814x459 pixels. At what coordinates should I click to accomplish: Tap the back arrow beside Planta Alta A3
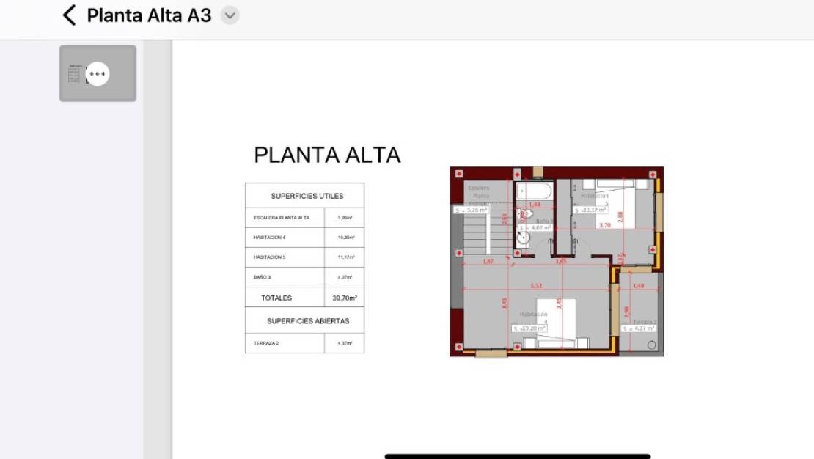click(70, 15)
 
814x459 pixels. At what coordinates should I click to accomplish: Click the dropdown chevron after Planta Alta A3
click(230, 15)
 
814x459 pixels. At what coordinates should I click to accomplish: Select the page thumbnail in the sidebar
click(98, 73)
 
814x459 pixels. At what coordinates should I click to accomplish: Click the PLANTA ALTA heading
click(327, 155)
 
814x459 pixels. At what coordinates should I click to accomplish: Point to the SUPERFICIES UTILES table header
click(307, 196)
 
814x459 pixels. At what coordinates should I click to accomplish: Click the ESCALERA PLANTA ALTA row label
click(282, 218)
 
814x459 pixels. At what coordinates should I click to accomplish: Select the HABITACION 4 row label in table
click(270, 238)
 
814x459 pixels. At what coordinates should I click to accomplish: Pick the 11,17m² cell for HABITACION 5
click(345, 257)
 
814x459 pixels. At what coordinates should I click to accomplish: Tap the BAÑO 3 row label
click(263, 277)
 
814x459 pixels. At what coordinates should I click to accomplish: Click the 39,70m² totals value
click(345, 298)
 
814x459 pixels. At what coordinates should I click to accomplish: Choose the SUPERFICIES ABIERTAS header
click(308, 321)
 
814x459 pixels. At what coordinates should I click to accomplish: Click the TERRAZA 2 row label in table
click(266, 343)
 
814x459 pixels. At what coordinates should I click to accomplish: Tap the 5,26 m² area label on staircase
click(470, 210)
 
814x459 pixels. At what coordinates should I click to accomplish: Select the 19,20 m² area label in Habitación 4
click(529, 328)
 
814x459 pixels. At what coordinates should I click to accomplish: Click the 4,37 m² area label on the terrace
click(639, 328)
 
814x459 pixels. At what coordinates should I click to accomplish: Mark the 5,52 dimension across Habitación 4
click(537, 285)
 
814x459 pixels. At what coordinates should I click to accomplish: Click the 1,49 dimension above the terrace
click(638, 285)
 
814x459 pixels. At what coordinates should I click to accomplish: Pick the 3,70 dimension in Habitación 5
click(604, 225)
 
